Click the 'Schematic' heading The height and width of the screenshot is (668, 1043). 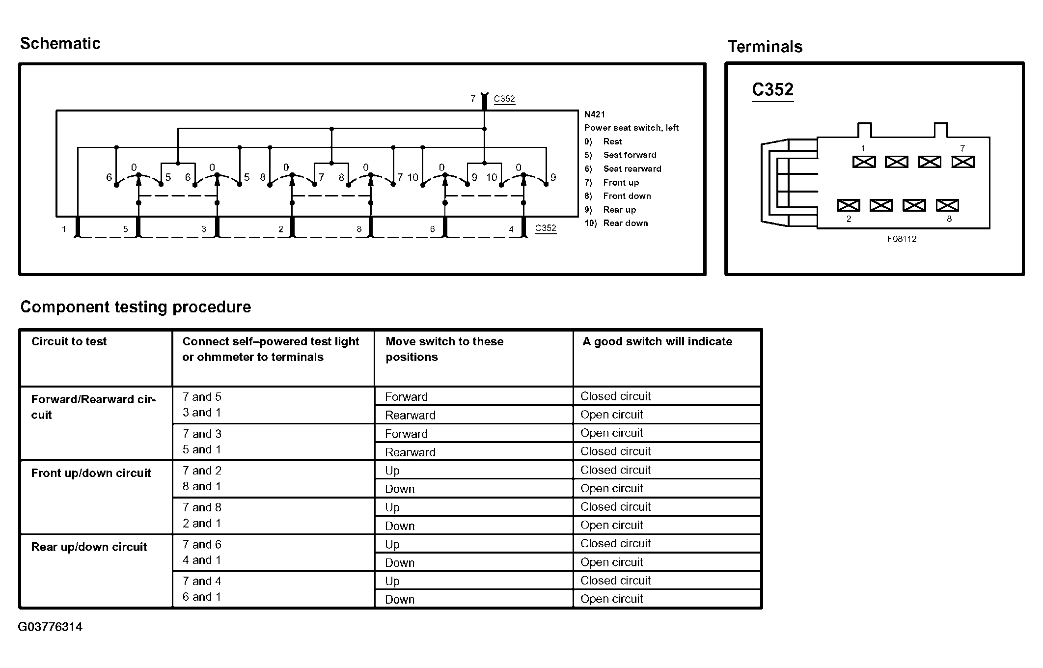(x=60, y=44)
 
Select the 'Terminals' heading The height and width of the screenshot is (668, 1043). (x=765, y=47)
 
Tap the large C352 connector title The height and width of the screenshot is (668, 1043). (x=772, y=89)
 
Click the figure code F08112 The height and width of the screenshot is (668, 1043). (x=901, y=239)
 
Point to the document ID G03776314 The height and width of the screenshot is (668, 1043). (x=50, y=627)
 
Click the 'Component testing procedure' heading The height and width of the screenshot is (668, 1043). (x=136, y=307)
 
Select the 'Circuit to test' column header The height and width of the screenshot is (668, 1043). (x=69, y=341)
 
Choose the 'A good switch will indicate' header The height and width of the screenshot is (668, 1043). (x=657, y=341)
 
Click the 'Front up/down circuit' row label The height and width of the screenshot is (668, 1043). (x=91, y=473)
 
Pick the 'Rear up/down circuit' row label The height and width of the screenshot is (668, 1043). (x=89, y=547)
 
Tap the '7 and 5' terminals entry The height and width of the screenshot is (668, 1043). (x=202, y=397)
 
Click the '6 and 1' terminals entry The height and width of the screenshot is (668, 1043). (x=202, y=597)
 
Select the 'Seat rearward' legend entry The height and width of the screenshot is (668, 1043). (x=632, y=169)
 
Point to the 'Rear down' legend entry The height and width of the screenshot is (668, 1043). (x=625, y=223)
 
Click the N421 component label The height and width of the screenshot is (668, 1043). (x=594, y=114)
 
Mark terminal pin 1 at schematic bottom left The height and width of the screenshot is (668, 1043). (x=64, y=229)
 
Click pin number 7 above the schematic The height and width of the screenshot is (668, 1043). (x=473, y=99)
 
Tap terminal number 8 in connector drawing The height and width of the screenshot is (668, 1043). (x=949, y=219)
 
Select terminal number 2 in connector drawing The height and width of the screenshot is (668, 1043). (x=849, y=219)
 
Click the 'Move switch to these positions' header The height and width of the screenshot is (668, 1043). (x=444, y=349)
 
